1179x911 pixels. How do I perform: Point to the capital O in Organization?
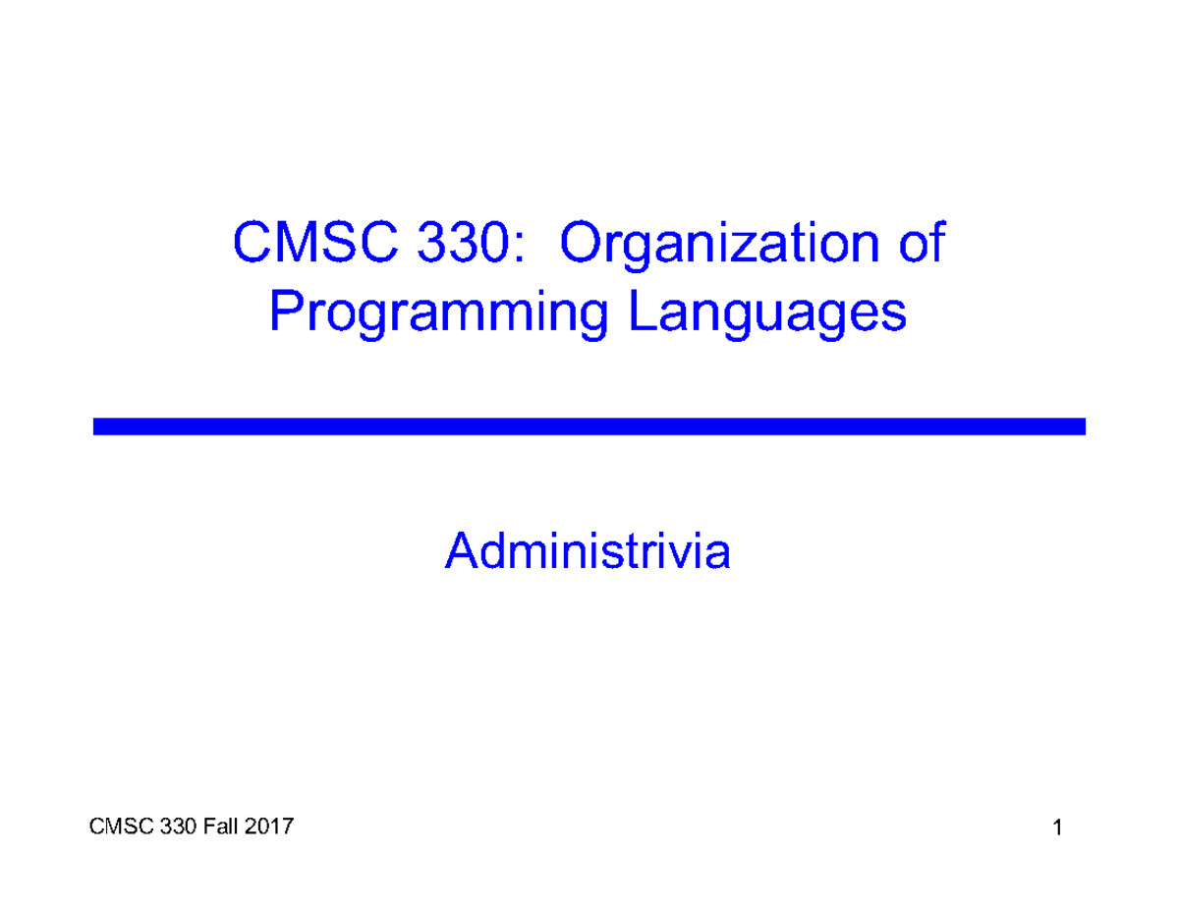(x=580, y=245)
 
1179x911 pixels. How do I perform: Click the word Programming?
(x=438, y=315)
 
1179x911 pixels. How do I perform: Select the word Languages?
(x=767, y=315)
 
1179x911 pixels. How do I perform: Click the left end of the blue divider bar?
(x=98, y=427)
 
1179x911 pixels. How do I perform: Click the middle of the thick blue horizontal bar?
(x=589, y=427)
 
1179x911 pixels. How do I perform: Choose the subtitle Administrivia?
(x=588, y=551)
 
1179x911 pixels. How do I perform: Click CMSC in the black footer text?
(x=115, y=828)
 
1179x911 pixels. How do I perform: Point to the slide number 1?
(x=1057, y=830)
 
